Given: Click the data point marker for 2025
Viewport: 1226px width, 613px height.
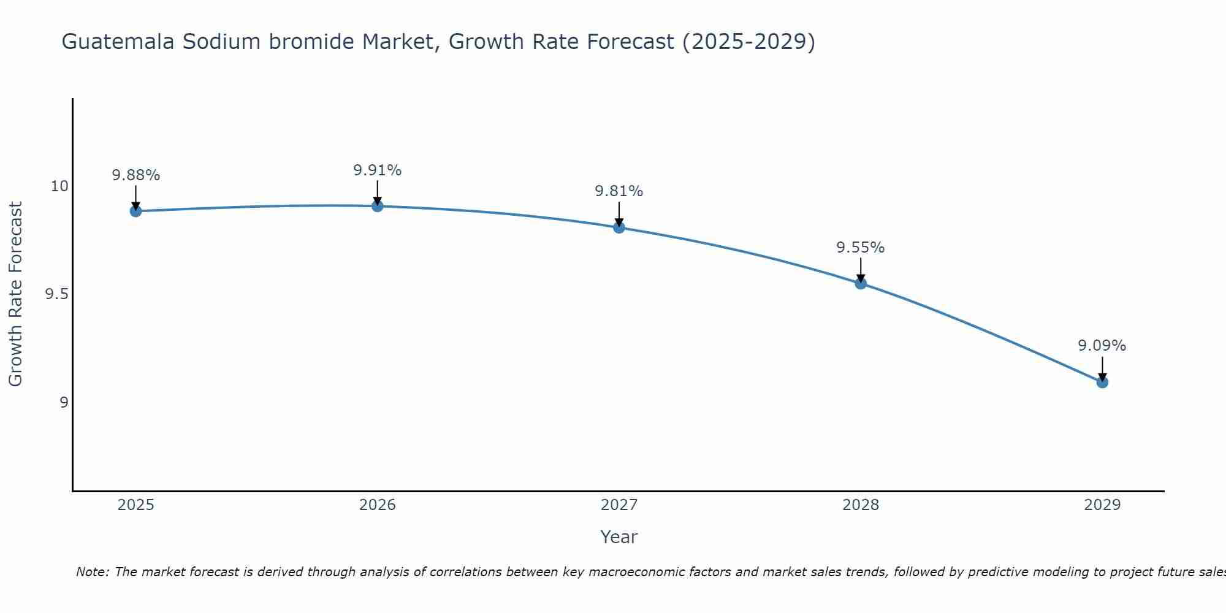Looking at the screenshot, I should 136,211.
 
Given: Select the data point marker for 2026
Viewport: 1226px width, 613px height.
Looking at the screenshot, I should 378,206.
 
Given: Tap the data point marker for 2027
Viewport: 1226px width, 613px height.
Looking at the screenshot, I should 619,227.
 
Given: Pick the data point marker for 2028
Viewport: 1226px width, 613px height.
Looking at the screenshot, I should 861,283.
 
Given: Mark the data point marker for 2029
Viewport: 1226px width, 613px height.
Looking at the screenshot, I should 1102,382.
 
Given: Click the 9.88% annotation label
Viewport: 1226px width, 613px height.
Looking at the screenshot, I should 136,175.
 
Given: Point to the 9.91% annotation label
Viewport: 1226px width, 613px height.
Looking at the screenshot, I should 378,170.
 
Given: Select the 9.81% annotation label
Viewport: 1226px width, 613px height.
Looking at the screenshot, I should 619,191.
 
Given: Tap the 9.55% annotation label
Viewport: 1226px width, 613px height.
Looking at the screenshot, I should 861,248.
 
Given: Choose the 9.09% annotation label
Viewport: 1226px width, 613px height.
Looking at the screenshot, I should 1102,346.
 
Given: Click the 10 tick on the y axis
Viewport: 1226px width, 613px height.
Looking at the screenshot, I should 59,186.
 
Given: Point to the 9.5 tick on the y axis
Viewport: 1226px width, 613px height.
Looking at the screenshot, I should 56,294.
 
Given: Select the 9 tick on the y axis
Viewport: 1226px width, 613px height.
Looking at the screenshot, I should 64,403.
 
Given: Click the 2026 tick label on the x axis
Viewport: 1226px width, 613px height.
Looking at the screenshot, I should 378,505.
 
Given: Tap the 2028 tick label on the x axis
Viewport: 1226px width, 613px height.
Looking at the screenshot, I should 861,505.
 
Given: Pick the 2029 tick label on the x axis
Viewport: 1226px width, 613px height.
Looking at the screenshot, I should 1102,505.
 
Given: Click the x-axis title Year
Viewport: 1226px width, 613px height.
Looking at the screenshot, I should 619,537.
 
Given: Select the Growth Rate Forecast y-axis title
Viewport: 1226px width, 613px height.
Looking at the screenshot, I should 16,294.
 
